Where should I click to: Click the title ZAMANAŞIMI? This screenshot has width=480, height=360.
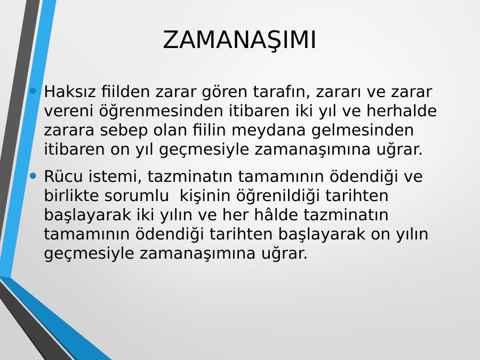click(x=239, y=41)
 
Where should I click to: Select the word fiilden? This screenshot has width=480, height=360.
click(x=125, y=92)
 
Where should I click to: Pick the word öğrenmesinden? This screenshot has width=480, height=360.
click(x=161, y=111)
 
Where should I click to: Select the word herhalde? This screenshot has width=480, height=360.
click(x=401, y=110)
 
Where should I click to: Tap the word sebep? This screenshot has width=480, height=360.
click(x=124, y=131)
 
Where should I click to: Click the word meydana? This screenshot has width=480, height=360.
click(x=268, y=131)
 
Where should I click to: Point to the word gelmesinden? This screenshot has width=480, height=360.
click(x=363, y=131)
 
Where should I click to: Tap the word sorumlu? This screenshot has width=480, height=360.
click(x=137, y=195)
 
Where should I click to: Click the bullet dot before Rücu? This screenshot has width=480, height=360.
click(x=34, y=175)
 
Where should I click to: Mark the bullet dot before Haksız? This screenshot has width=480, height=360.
click(x=34, y=91)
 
